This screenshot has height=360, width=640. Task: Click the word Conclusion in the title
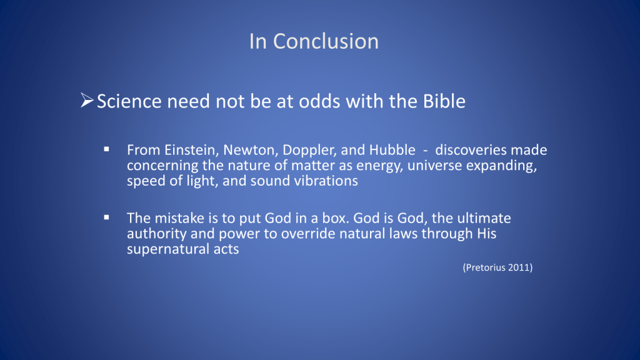tap(326, 42)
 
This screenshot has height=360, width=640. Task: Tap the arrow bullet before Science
tap(87, 101)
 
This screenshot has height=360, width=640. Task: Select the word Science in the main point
tap(129, 101)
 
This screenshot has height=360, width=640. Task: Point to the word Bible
tap(444, 101)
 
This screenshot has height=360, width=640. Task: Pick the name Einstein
tap(192, 150)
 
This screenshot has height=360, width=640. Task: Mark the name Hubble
tap(392, 150)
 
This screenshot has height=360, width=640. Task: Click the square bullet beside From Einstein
tap(106, 150)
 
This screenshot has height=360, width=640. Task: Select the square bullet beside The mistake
tap(106, 218)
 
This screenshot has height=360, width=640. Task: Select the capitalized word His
tap(486, 234)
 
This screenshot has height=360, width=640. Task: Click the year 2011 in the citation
tap(519, 267)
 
